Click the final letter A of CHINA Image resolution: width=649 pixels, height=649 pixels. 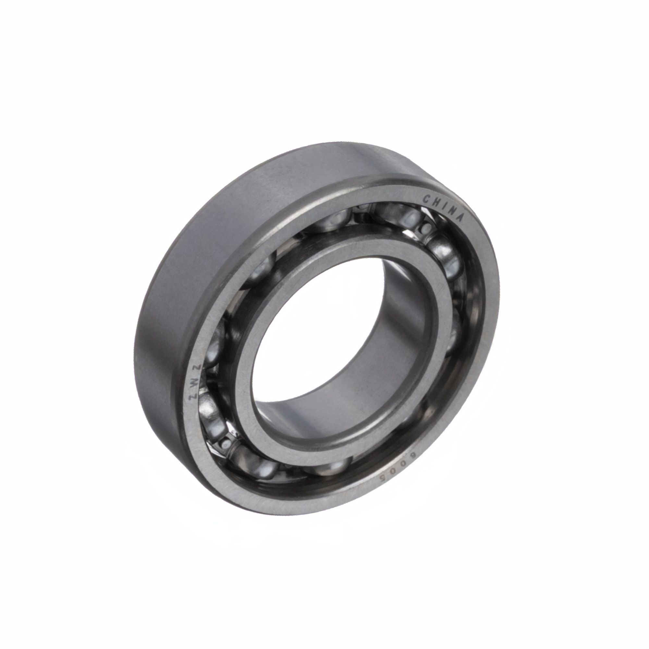coord(460,217)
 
